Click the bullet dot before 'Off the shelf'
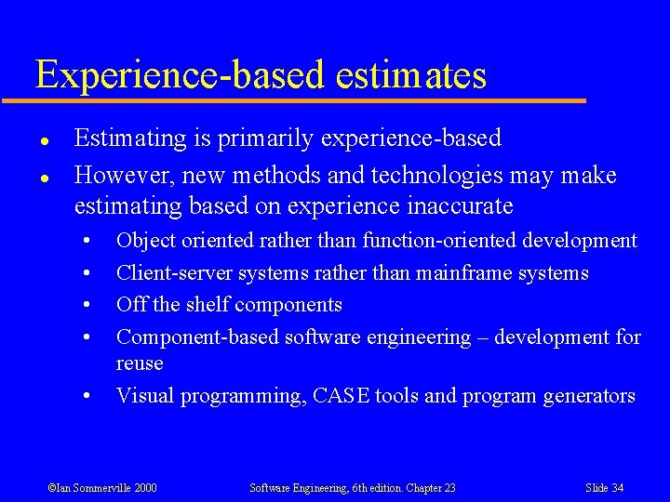[x=86, y=306]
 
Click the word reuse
[x=140, y=363]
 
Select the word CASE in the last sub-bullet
[x=342, y=396]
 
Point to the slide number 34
[x=618, y=488]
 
